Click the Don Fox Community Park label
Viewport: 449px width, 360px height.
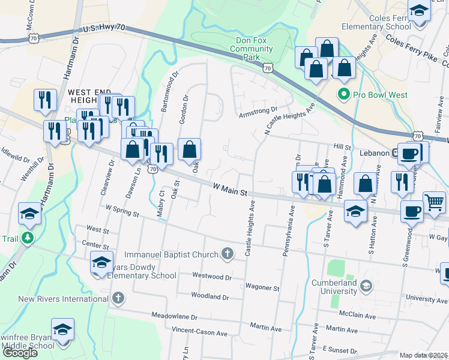pos(251,49)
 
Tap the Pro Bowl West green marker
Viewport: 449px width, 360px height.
pos(344,94)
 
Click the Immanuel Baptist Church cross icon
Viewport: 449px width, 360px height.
pos(227,254)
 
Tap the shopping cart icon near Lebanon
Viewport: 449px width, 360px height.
pos(435,201)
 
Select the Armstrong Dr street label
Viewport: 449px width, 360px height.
pos(258,113)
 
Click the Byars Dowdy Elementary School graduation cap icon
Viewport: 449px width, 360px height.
pos(101,262)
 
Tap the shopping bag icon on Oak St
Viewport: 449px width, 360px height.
pos(189,150)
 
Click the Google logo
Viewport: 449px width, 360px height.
pos(20,353)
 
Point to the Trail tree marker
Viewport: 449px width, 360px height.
pos(27,238)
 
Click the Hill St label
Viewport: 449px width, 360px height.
pos(342,146)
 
